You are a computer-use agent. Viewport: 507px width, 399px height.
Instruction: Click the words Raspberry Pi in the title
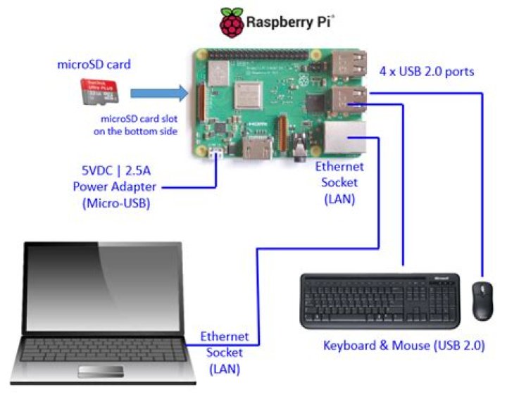(x=288, y=23)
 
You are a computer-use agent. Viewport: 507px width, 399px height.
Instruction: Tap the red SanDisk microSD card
(x=98, y=94)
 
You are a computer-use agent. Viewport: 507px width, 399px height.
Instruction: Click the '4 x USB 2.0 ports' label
(x=427, y=71)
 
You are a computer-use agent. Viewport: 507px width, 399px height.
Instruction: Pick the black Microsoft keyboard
(x=381, y=300)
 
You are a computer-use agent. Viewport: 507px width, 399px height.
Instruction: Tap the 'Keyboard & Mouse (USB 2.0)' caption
(x=403, y=346)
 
